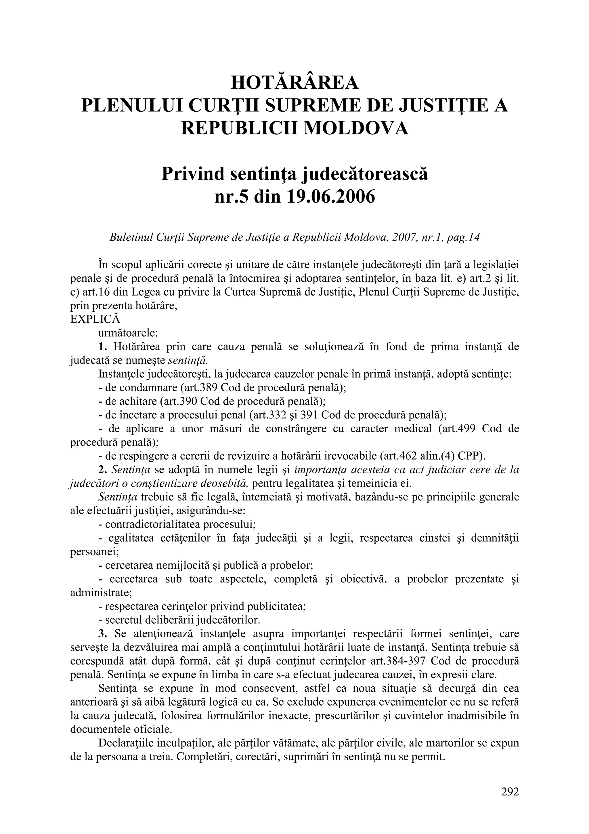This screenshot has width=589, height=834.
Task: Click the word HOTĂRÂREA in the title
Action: click(x=294, y=83)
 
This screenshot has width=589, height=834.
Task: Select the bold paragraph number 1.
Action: click(x=102, y=346)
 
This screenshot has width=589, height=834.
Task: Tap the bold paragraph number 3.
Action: click(x=102, y=633)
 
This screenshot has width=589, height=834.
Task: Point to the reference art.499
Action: click(x=458, y=428)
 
